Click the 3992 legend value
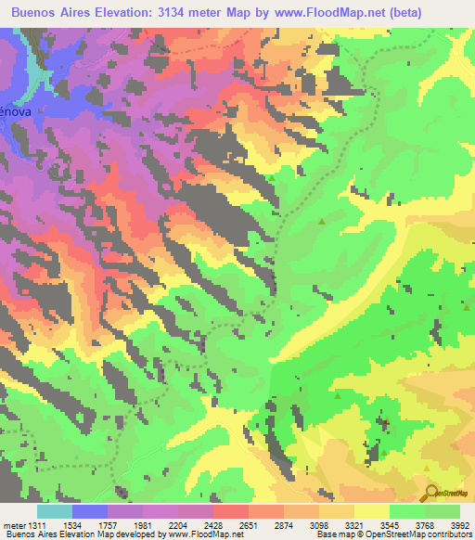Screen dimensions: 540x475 point(461,526)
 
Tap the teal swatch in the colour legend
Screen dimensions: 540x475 point(55,511)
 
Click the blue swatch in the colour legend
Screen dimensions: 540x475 point(90,511)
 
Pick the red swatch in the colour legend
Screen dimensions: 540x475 point(231,511)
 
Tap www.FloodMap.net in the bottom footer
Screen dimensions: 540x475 point(199,535)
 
